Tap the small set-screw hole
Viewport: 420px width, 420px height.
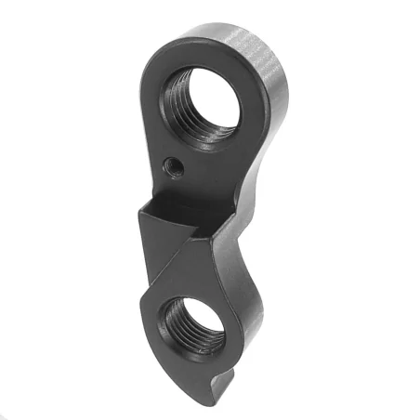click(x=171, y=166)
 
